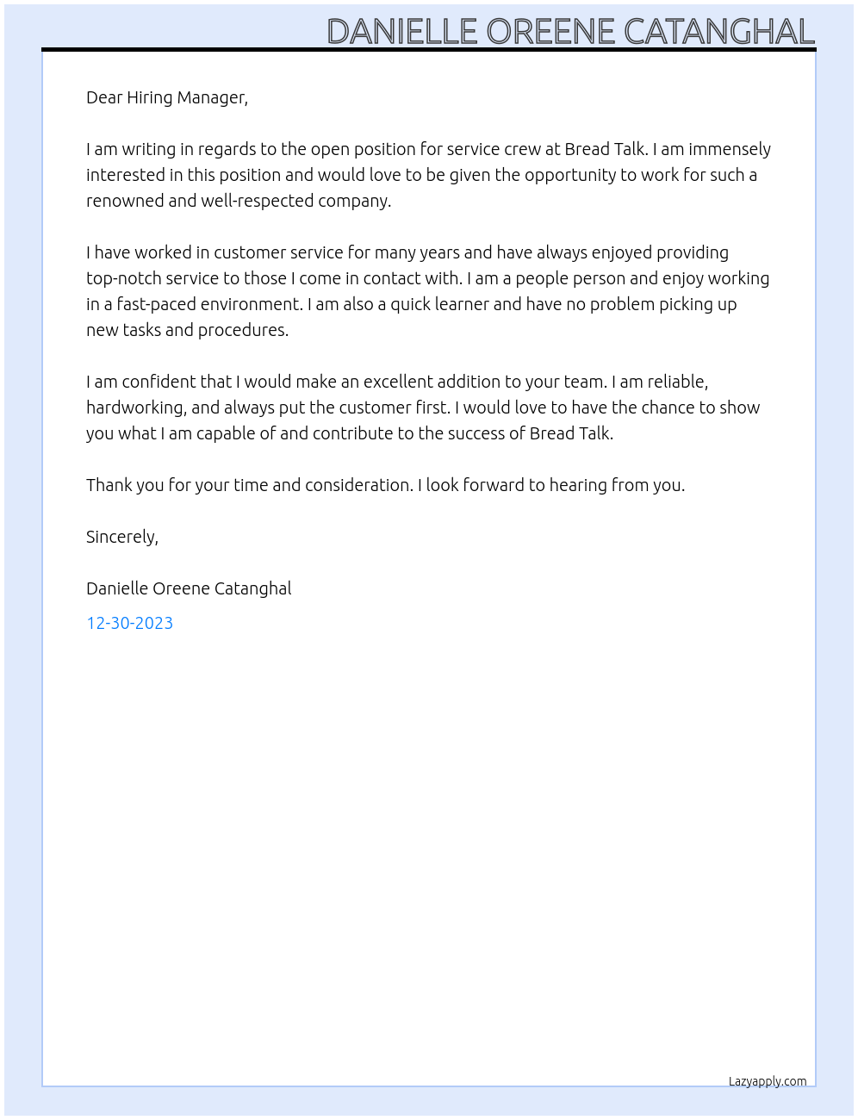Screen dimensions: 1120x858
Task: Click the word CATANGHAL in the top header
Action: point(718,32)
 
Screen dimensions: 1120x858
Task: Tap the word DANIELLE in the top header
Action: point(401,32)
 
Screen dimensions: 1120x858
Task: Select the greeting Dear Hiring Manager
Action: point(166,97)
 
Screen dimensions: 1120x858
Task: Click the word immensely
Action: point(729,149)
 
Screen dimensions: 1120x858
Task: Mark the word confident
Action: point(159,382)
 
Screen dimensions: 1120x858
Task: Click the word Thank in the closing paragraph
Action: point(109,485)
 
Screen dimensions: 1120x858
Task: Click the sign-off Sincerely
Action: point(121,537)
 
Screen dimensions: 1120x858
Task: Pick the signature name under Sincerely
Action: point(189,588)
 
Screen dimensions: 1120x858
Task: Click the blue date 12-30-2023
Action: point(129,623)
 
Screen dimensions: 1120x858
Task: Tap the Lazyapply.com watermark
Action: point(768,1081)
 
